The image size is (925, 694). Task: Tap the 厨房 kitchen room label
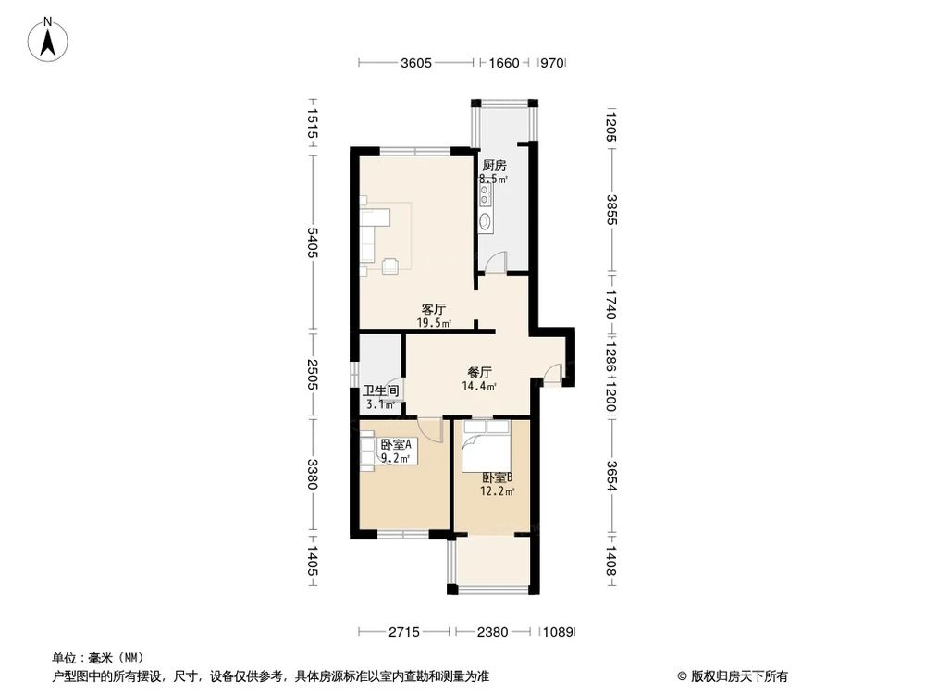tap(493, 166)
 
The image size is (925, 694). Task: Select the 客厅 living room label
tap(434, 309)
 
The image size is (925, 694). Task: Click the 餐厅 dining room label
tap(479, 373)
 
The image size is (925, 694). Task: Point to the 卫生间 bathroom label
tap(380, 391)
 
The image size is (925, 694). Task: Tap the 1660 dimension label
tap(503, 63)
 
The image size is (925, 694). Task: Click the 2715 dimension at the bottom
tap(403, 633)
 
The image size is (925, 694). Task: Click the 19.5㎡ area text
tap(434, 323)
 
